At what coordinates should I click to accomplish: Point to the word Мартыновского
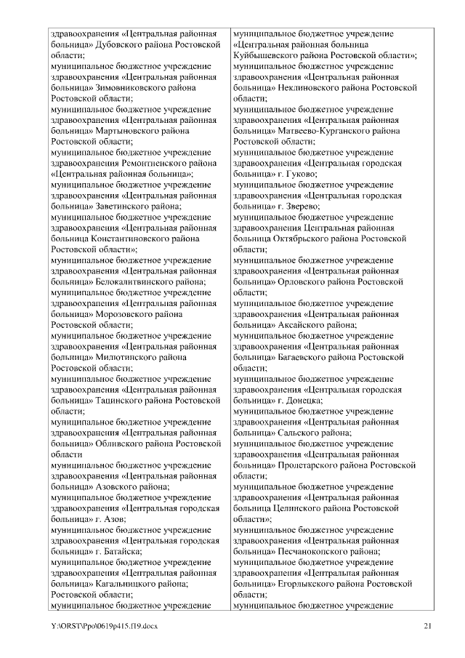pos(126,131)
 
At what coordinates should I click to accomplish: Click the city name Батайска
pos(118,551)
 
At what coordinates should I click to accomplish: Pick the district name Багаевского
pos(304,357)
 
